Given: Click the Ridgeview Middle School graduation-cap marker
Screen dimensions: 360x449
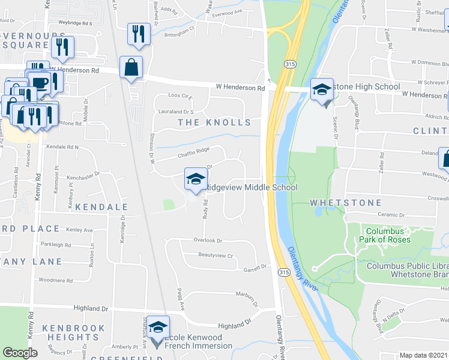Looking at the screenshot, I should point(196,179).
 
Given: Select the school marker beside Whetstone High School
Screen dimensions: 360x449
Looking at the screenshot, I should point(322,92).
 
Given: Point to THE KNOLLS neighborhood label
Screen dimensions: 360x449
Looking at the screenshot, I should point(215,122).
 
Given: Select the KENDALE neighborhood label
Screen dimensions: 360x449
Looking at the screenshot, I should point(103,206).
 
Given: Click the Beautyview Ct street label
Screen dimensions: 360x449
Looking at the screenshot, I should point(215,255).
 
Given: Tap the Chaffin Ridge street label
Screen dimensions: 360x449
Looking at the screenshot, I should point(193,153).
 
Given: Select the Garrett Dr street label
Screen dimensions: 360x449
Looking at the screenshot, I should point(254,268).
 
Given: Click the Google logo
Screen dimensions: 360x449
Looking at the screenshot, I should point(20,353).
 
